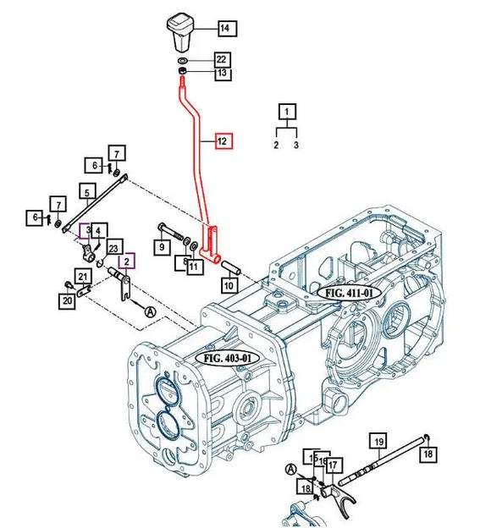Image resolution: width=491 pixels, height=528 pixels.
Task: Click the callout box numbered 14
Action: coord(225,29)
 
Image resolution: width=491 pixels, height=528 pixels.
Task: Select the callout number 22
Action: coord(221,59)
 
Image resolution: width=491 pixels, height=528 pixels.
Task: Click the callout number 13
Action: coord(221,74)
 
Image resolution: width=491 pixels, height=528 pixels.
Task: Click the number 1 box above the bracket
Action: coord(288,112)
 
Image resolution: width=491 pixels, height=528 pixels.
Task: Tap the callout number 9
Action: coord(160,247)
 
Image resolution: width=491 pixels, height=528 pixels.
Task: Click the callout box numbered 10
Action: coord(229,286)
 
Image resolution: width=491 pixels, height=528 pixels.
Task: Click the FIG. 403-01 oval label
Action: coord(229,358)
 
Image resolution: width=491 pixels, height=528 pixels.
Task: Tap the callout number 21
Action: coord(82,276)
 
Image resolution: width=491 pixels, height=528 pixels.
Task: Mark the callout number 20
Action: coord(66,300)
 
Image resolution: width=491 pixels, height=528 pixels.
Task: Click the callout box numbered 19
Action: coord(378,440)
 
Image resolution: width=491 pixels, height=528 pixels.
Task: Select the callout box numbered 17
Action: coord(334,464)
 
